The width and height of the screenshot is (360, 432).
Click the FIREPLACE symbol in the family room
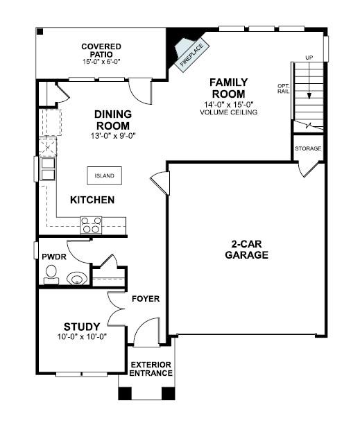pyautogui.click(x=188, y=54)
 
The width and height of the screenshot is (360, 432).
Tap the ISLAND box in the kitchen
pyautogui.click(x=104, y=176)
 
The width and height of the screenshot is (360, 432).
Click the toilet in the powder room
pyautogui.click(x=51, y=278)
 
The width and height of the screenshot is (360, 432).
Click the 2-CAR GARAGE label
pyautogui.click(x=246, y=250)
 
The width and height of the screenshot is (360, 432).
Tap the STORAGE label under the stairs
pyautogui.click(x=307, y=149)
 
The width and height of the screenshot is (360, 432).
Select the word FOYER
pyautogui.click(x=146, y=299)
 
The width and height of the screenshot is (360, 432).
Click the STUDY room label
pyautogui.click(x=82, y=327)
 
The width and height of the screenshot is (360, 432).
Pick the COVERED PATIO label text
pyautogui.click(x=101, y=51)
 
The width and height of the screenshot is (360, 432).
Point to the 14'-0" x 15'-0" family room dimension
pyautogui.click(x=228, y=105)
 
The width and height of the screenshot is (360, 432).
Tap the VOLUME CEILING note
pyautogui.click(x=228, y=112)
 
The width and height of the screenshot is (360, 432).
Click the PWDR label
pyautogui.click(x=49, y=256)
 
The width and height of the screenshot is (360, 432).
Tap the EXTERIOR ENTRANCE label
pyautogui.click(x=151, y=369)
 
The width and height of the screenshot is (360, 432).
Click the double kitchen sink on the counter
pyautogui.click(x=48, y=169)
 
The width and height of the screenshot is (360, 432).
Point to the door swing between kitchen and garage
pyautogui.click(x=159, y=182)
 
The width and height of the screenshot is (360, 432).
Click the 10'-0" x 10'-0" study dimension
pyautogui.click(x=82, y=337)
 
